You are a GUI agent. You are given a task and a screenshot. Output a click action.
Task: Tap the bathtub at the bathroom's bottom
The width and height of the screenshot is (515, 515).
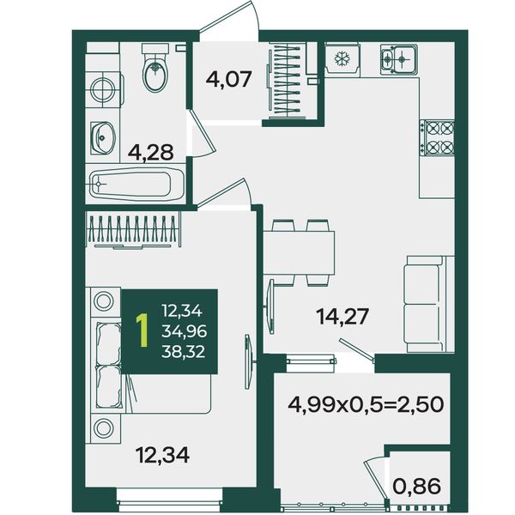136,184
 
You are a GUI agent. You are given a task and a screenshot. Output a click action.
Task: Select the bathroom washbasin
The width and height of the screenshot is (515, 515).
103,138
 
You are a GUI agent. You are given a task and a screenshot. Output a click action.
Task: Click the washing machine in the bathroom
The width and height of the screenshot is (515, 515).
104,89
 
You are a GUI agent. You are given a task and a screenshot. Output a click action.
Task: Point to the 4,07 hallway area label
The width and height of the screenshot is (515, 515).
229,79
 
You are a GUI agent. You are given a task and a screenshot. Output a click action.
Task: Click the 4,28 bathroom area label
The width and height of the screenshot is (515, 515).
151,152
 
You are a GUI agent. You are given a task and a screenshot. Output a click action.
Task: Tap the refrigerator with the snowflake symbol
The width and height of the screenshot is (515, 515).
342,58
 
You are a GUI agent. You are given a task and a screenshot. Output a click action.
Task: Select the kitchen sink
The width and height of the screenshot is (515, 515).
399,59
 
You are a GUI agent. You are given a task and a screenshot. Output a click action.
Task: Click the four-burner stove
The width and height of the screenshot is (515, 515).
439,137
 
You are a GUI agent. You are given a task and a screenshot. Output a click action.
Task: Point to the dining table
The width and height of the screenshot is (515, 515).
299,252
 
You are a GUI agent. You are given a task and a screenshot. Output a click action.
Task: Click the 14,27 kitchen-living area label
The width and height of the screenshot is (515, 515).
342,316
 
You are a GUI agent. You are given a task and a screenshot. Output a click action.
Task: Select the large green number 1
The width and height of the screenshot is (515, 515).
142,330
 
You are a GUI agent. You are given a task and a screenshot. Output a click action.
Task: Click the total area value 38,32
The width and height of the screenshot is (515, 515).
184,352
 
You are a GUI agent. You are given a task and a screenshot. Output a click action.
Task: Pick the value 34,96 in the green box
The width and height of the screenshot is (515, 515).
184,331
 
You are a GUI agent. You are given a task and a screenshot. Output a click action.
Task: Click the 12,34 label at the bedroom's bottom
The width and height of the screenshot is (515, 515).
163,455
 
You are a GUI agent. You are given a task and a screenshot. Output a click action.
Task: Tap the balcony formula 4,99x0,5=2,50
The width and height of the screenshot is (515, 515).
366,404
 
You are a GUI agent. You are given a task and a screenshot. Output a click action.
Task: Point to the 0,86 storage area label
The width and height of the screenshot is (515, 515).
417,487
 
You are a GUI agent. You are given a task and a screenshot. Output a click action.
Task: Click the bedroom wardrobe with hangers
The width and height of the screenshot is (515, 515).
133,229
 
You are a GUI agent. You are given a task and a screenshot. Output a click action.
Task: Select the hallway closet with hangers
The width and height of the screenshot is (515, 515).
285,81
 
